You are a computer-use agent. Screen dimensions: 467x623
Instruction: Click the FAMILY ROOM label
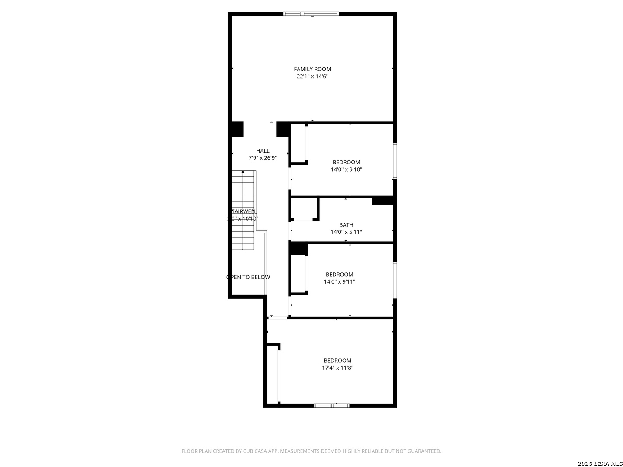(x=312, y=69)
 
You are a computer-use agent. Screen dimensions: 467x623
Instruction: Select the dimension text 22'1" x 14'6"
(x=312, y=77)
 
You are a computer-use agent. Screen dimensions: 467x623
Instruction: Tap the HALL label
(x=262, y=151)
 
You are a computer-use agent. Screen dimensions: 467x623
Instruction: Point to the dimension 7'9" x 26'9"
(x=262, y=158)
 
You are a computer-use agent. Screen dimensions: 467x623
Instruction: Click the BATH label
(x=346, y=225)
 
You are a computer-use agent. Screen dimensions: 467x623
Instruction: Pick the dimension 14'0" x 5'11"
(x=346, y=232)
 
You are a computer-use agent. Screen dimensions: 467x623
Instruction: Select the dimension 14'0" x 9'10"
(x=346, y=170)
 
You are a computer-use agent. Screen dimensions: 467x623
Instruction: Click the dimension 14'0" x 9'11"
(x=339, y=282)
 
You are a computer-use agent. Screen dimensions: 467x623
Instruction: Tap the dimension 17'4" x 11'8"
(x=337, y=368)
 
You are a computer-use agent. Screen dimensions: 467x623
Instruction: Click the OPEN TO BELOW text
(x=248, y=277)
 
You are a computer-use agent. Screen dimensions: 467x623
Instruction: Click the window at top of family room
(x=311, y=14)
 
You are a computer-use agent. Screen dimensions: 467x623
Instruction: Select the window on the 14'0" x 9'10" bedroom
(x=395, y=161)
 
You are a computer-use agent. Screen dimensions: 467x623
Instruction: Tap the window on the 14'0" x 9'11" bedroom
(x=395, y=280)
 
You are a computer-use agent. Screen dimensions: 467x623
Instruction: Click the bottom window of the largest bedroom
(x=331, y=406)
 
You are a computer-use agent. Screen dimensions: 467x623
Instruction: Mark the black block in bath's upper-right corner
(x=382, y=201)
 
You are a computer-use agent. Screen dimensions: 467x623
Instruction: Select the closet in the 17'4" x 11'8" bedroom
(x=272, y=374)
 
